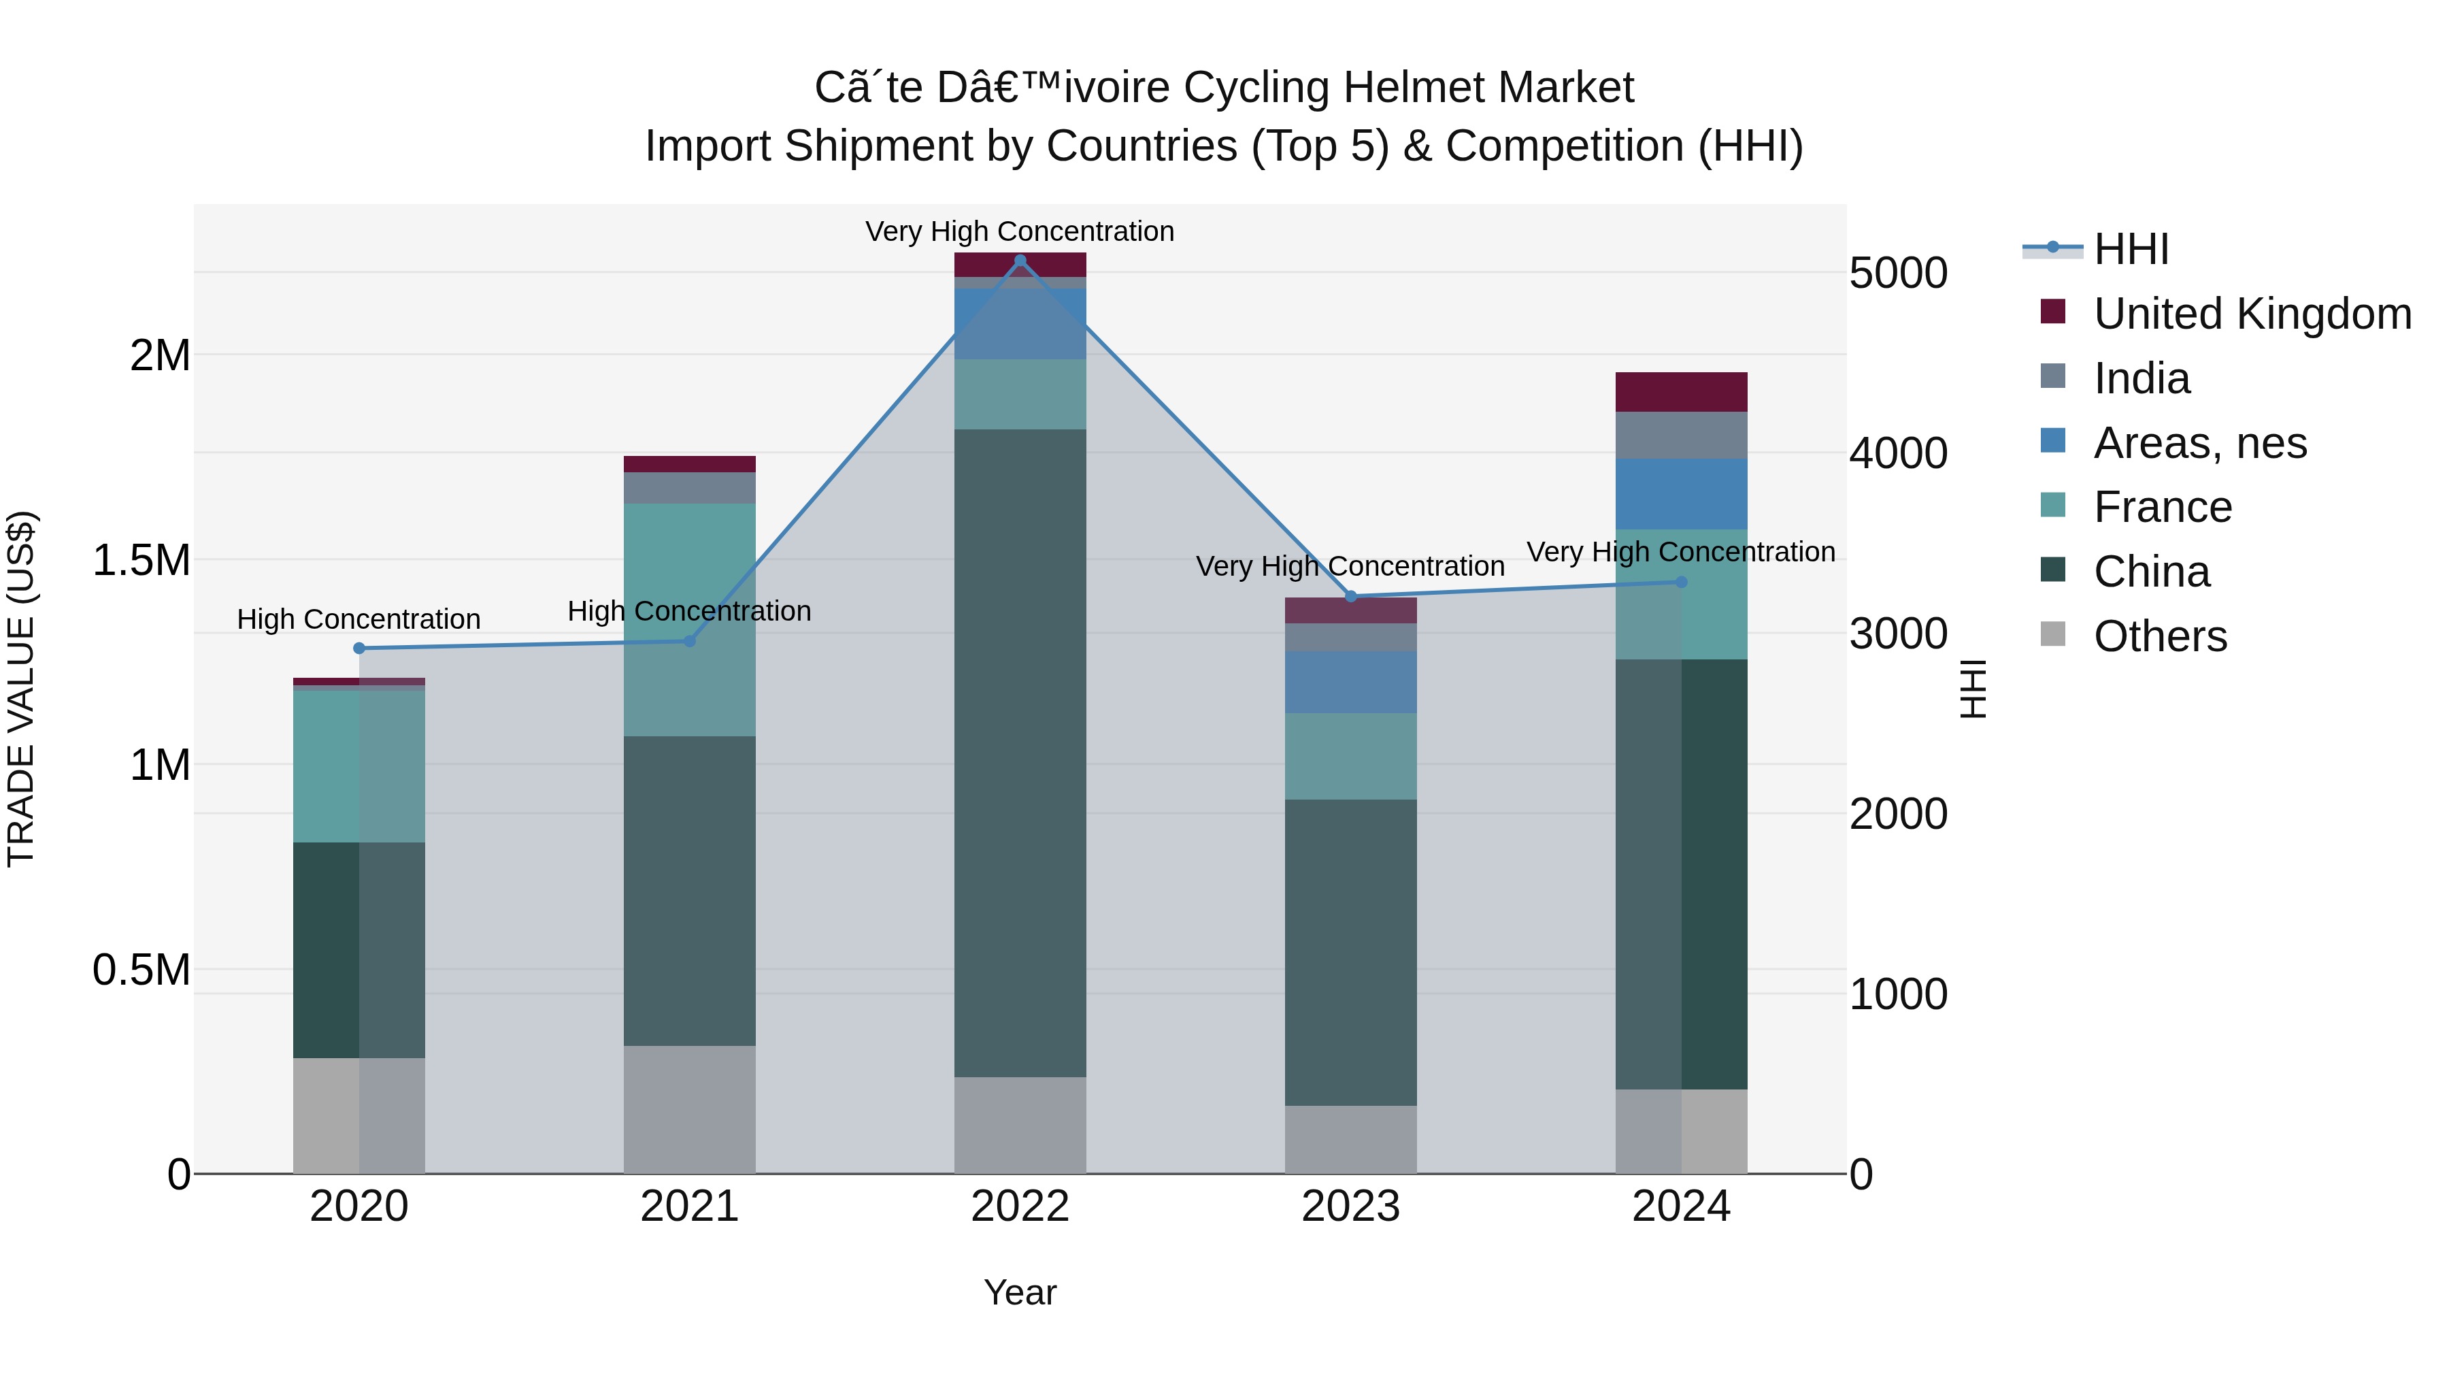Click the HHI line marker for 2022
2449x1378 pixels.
point(1020,260)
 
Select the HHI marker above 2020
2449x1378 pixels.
point(359,649)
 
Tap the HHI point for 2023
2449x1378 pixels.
point(1351,596)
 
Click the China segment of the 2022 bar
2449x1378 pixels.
point(1020,751)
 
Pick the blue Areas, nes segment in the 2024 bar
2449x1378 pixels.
point(1681,493)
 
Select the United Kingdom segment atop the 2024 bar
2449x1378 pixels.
point(1681,392)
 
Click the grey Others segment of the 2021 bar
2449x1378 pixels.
point(689,1109)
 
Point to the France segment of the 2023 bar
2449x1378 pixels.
point(1351,756)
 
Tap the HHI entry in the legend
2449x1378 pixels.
point(2131,249)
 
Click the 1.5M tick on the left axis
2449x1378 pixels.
point(141,560)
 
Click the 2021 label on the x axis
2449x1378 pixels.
point(689,1207)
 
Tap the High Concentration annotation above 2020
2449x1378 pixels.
point(359,619)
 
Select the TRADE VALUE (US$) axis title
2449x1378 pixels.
point(21,689)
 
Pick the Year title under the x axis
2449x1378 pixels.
point(1020,1292)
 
